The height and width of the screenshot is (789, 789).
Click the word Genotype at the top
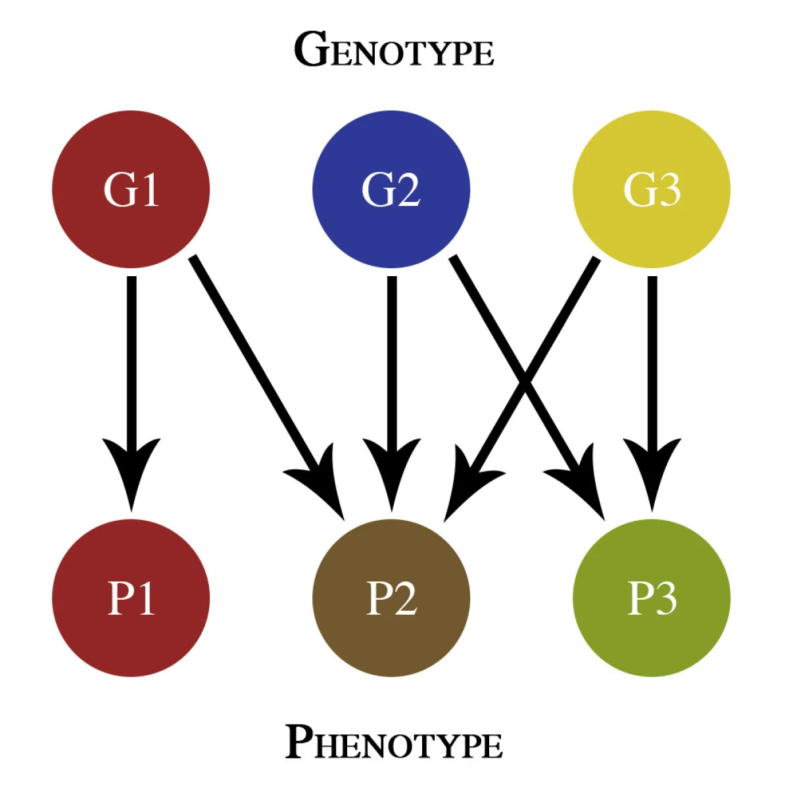coord(393,51)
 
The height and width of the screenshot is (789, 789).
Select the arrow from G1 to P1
coord(131,362)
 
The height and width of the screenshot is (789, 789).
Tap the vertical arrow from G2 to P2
coord(392,362)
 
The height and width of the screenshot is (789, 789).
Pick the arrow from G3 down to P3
coord(652,362)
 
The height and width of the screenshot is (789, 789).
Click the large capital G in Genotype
coord(310,49)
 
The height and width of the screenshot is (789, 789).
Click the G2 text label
coord(391,190)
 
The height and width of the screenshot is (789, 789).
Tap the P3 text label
coord(652,598)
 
